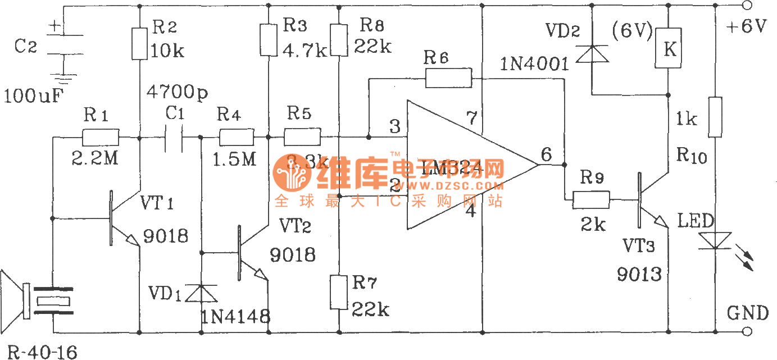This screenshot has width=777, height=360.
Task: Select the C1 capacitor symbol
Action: pos(175,137)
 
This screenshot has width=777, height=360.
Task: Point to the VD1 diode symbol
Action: pos(201,292)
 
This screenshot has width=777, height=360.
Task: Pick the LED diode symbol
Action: pos(715,240)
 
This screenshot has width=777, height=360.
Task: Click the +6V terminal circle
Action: pos(747,6)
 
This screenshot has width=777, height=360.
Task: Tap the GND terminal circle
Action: pos(747,331)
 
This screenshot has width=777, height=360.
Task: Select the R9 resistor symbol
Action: pos(591,199)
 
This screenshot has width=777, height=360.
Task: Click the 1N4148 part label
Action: pos(235,317)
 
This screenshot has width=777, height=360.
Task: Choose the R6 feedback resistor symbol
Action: pos(448,78)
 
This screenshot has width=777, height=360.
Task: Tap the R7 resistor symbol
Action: pos(339,291)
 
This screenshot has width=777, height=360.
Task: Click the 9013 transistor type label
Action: pos(639,274)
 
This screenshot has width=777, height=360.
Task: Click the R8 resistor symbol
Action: pos(339,39)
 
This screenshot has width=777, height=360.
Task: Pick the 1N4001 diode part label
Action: pos(534,65)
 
